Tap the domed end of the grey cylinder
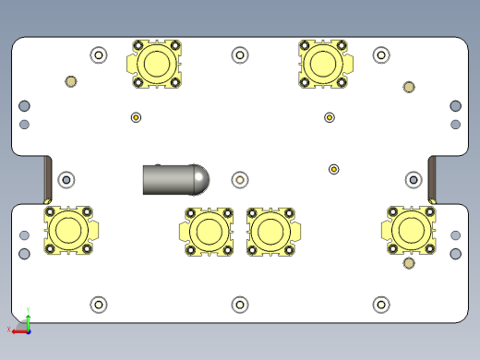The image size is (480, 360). tap(199, 179)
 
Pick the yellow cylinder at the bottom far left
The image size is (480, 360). tap(68, 228)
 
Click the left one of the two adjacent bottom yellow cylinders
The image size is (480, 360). tap(205, 231)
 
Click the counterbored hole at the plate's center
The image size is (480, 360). tap(240, 179)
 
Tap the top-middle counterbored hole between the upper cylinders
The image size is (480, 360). tap(240, 55)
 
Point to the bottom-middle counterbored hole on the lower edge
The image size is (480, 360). tap(240, 304)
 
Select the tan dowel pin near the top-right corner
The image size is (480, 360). tap(409, 88)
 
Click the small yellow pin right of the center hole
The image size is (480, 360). tap(334, 169)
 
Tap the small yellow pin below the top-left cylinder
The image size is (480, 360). tap(136, 117)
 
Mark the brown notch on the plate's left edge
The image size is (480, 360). tap(47, 179)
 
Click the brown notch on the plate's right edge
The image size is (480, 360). tap(432, 179)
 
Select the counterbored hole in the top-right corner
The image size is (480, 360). tap(381, 55)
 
